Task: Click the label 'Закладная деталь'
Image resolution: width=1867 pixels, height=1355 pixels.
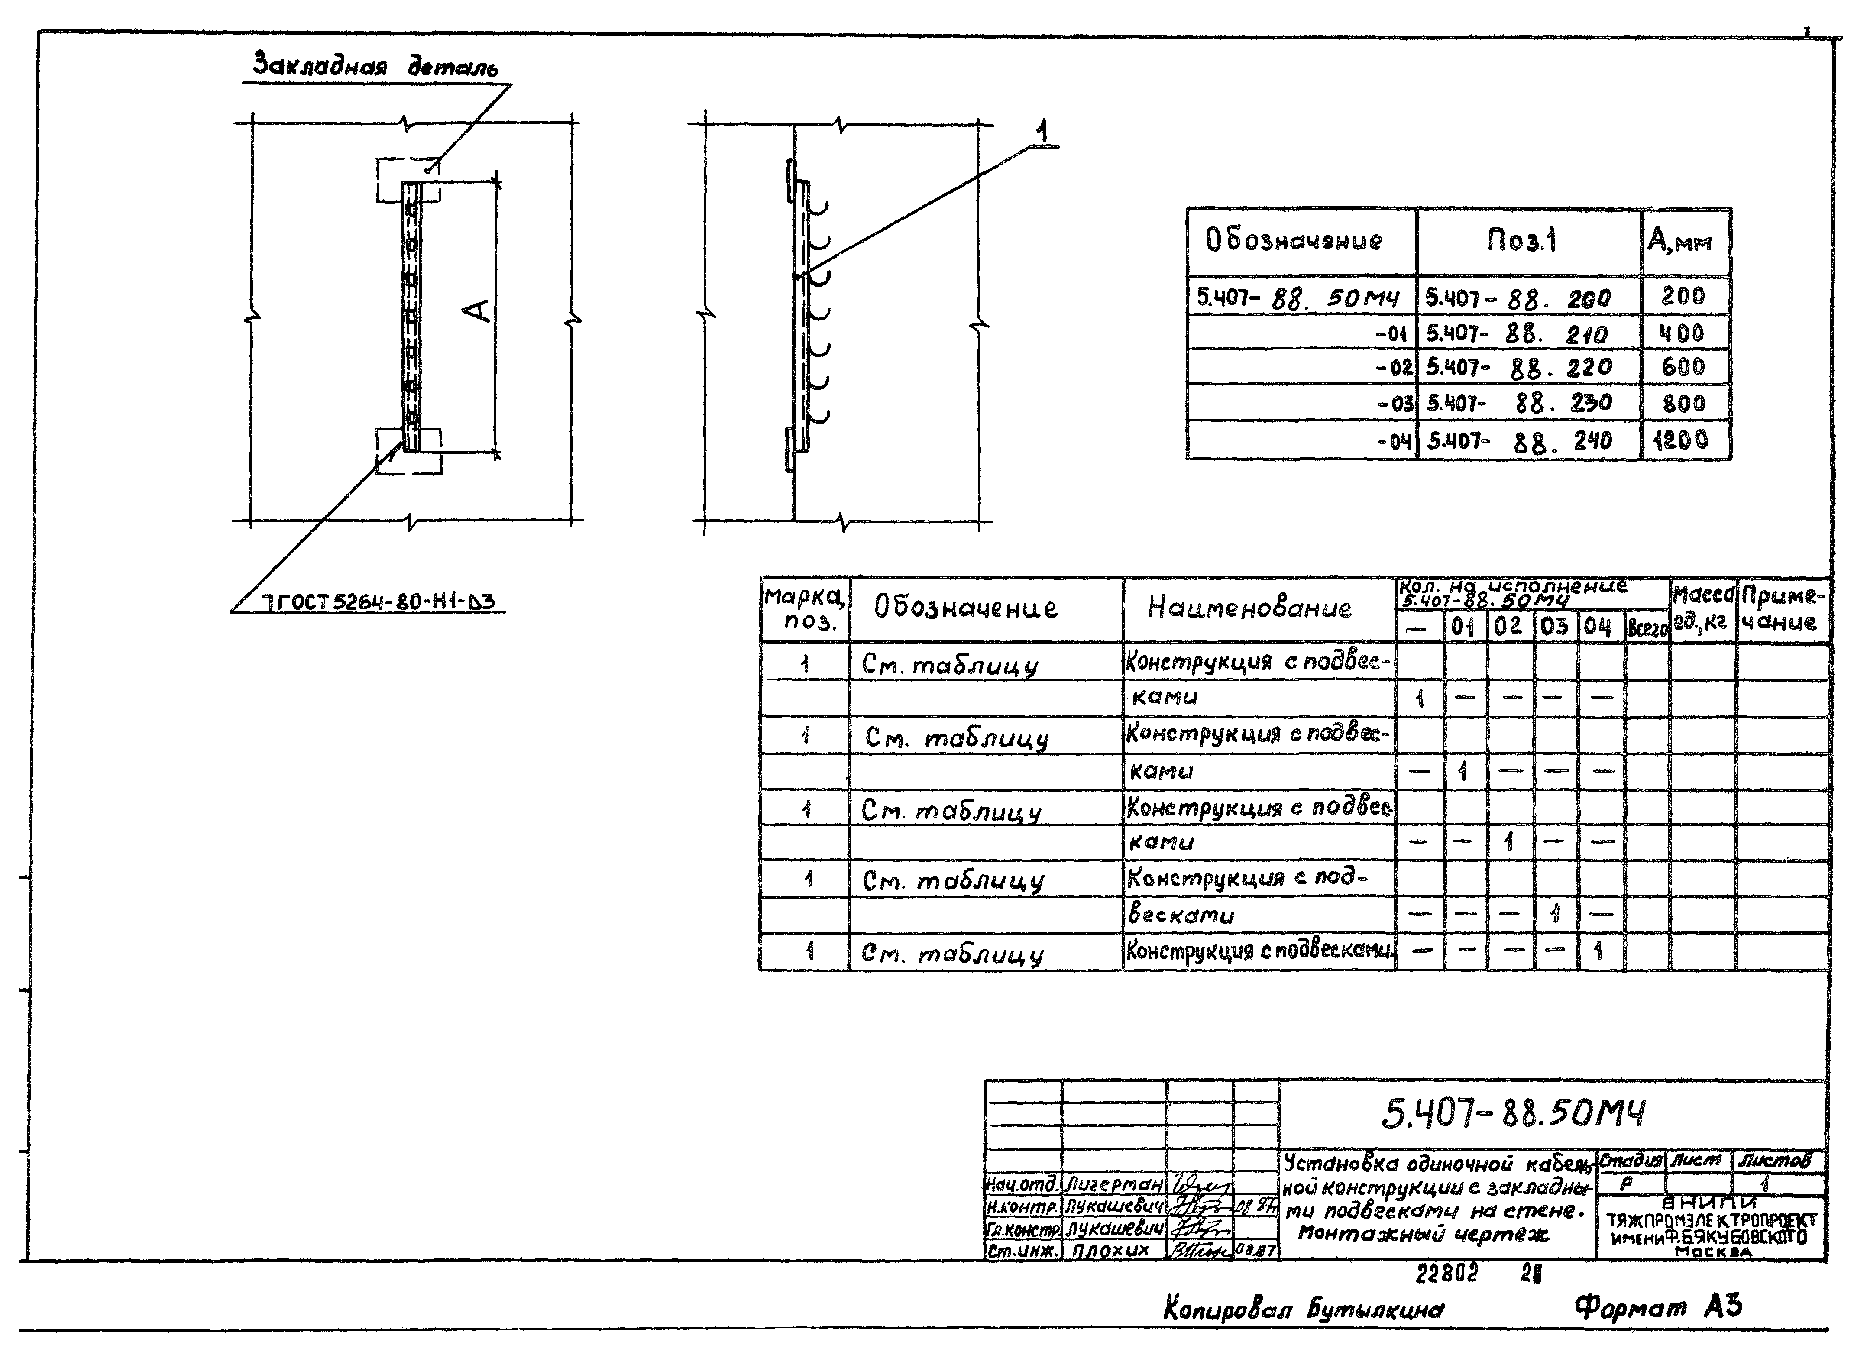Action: tap(375, 66)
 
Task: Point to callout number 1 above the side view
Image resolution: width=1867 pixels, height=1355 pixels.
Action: tap(1042, 132)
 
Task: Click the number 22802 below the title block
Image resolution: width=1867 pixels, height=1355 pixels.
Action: tap(1446, 1274)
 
